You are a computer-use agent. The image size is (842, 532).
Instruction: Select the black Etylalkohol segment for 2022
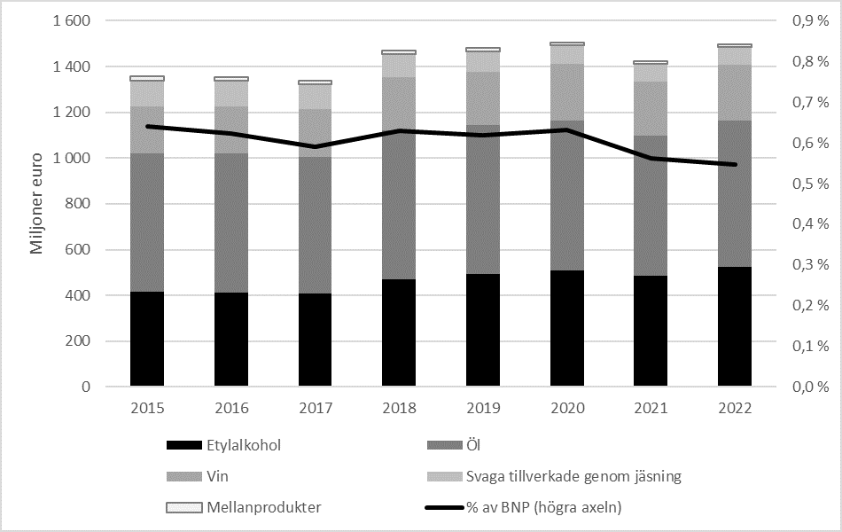(735, 326)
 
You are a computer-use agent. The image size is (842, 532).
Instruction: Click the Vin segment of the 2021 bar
(651, 108)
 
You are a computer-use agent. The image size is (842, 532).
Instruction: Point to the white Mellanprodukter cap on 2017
(315, 82)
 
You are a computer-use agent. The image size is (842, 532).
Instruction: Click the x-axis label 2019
(483, 409)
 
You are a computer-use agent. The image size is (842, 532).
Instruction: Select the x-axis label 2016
(230, 409)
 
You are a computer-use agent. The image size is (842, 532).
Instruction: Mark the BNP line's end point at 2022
(735, 164)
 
